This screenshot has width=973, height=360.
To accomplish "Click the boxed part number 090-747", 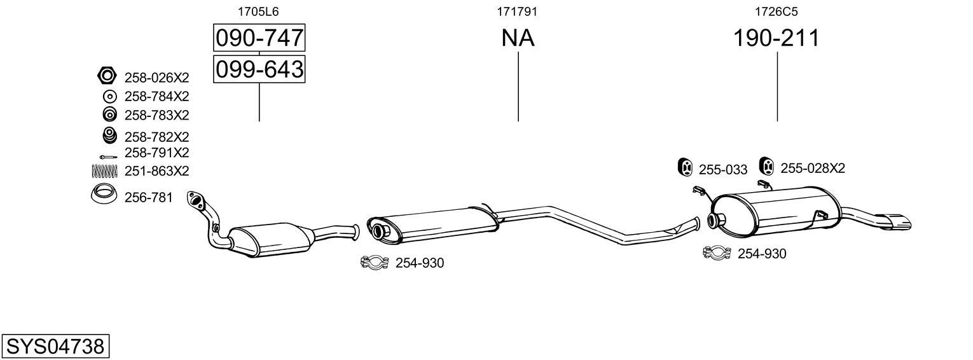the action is coord(259,39).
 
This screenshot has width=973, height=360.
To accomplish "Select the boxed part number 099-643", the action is coord(259,69).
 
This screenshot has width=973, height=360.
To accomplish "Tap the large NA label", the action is coord(518,39).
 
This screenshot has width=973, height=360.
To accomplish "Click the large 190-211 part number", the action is coord(776,39).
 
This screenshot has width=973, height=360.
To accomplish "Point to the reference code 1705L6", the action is coord(258,11).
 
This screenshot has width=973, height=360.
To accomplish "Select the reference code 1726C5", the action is coord(776,11).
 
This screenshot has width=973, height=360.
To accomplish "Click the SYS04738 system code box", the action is coord(55,347).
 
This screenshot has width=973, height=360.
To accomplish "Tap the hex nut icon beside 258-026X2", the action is coord(107,77).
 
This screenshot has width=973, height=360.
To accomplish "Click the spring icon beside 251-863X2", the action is coord(106,170).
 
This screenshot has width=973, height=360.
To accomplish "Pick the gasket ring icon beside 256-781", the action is coord(104,195).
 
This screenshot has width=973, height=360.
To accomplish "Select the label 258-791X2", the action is coord(157,153).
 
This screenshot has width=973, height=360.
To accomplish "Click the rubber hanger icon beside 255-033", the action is coord(685,167).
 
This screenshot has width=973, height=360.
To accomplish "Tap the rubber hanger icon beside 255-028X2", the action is coord(767,167).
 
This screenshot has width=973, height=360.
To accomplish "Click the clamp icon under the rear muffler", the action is coord(717,253).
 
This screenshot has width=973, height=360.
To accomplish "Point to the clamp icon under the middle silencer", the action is coord(375,262).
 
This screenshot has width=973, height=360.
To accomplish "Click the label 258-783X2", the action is coord(157,115).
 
